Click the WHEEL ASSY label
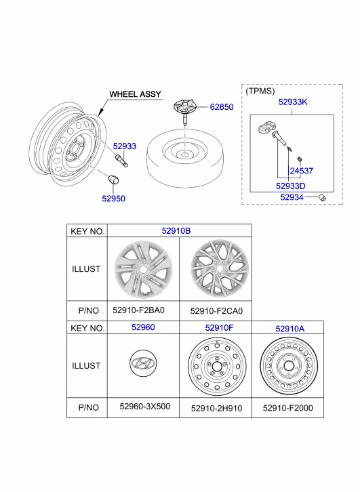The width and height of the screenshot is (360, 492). [135, 94]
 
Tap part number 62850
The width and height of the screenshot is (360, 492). [222, 107]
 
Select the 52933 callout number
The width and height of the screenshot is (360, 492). [125, 146]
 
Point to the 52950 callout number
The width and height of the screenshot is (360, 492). [113, 199]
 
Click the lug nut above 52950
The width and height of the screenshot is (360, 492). [113, 180]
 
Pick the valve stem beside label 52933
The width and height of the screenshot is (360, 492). [122, 161]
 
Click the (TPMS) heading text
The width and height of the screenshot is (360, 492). [260, 91]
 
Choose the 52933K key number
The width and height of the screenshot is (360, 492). [293, 102]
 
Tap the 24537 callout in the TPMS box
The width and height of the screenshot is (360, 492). [301, 171]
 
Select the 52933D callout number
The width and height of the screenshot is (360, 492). [291, 186]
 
